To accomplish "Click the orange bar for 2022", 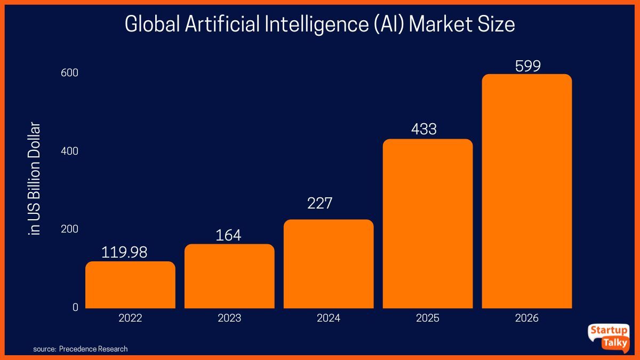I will pyautogui.click(x=130, y=285).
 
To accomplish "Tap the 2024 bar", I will pyautogui.click(x=329, y=264).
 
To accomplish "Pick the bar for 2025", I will pyautogui.click(x=428, y=224).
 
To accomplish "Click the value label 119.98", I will pyautogui.click(x=124, y=253).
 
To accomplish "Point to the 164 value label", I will pyautogui.click(x=228, y=235).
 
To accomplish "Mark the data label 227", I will pyautogui.click(x=319, y=203).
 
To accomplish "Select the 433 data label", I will pyautogui.click(x=423, y=129).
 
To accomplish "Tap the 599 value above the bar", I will pyautogui.click(x=528, y=66).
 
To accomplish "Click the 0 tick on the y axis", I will pyautogui.click(x=75, y=307).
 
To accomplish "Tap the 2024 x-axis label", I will pyautogui.click(x=329, y=318).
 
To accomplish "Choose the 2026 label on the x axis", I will pyautogui.click(x=527, y=318).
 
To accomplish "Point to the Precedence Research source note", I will pyautogui.click(x=81, y=349).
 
